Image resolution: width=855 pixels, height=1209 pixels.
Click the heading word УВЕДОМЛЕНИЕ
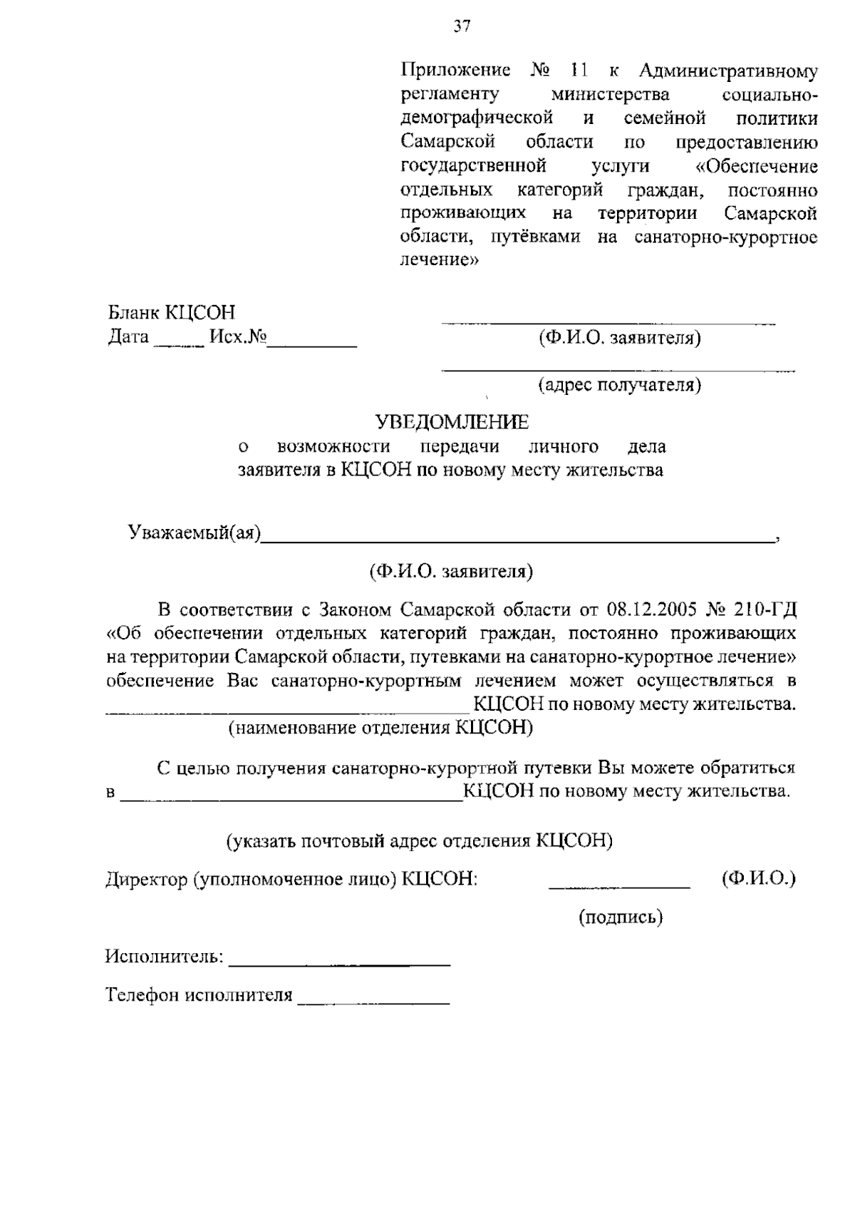(453, 422)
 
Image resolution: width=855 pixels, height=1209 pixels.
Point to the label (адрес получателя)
(618, 386)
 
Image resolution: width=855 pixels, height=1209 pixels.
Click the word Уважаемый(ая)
(195, 533)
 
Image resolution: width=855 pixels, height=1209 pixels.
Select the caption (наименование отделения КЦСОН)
(380, 728)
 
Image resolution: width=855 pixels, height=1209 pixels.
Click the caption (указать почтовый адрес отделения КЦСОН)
(420, 840)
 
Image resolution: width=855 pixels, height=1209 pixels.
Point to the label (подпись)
(620, 917)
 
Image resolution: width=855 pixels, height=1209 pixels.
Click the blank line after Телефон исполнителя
(374, 1002)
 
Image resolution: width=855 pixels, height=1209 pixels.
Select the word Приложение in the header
(455, 71)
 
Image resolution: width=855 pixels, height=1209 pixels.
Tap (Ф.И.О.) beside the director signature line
(758, 878)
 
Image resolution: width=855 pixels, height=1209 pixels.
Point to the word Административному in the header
(728, 71)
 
